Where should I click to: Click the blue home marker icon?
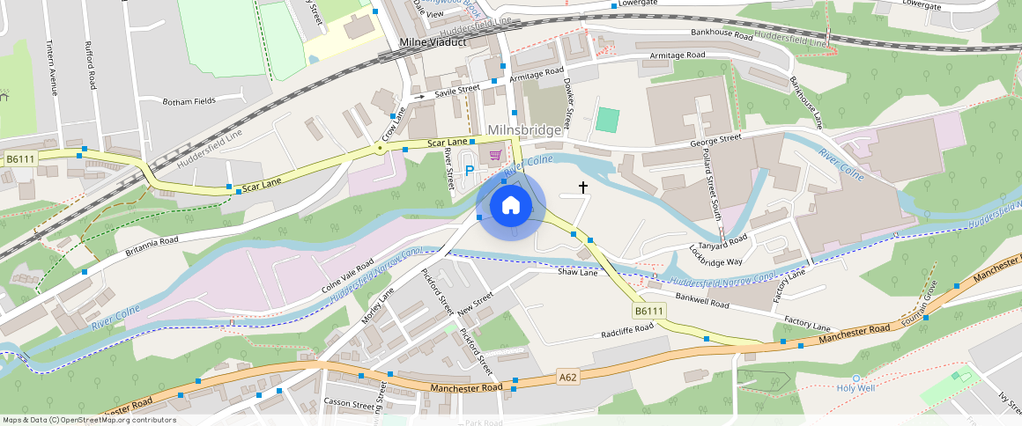(x=510, y=206)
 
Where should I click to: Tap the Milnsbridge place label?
(x=523, y=130)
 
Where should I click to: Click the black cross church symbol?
(x=582, y=187)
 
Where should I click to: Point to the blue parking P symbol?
(x=470, y=170)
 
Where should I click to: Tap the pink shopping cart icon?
(x=496, y=156)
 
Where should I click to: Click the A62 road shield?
(x=568, y=378)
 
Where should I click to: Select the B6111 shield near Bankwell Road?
(x=648, y=311)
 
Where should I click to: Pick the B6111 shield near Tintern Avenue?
(x=20, y=158)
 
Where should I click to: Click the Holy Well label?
(x=856, y=387)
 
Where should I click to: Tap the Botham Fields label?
(x=189, y=101)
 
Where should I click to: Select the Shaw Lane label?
(x=577, y=273)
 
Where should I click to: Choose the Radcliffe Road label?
(x=627, y=330)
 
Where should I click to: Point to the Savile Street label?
(x=455, y=90)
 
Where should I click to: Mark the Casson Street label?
(x=350, y=404)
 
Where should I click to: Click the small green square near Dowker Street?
(x=607, y=120)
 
